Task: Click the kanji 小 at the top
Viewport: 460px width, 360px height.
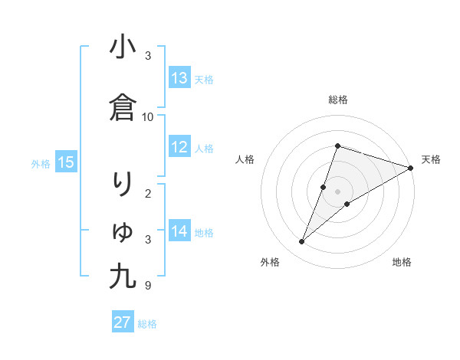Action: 123,47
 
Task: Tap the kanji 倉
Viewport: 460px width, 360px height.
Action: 123,108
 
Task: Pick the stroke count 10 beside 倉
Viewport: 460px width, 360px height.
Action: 148,117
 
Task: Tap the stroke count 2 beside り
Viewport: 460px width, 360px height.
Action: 148,193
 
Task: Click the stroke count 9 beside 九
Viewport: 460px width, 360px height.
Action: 148,286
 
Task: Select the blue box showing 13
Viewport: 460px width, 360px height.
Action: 179,78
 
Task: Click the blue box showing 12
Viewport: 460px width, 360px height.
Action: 179,147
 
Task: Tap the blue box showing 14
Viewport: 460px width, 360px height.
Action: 179,231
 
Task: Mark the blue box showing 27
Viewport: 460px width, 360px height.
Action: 123,322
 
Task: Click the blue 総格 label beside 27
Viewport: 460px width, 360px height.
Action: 148,324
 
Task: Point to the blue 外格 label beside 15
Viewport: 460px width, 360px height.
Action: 41,163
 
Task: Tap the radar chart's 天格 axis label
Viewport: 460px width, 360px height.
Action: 431,159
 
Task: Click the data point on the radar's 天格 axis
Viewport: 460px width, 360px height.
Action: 411,168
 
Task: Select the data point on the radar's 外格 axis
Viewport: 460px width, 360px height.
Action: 302,242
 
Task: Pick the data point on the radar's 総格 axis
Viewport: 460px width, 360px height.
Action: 337,146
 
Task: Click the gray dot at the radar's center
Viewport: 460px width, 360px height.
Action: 337,191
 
